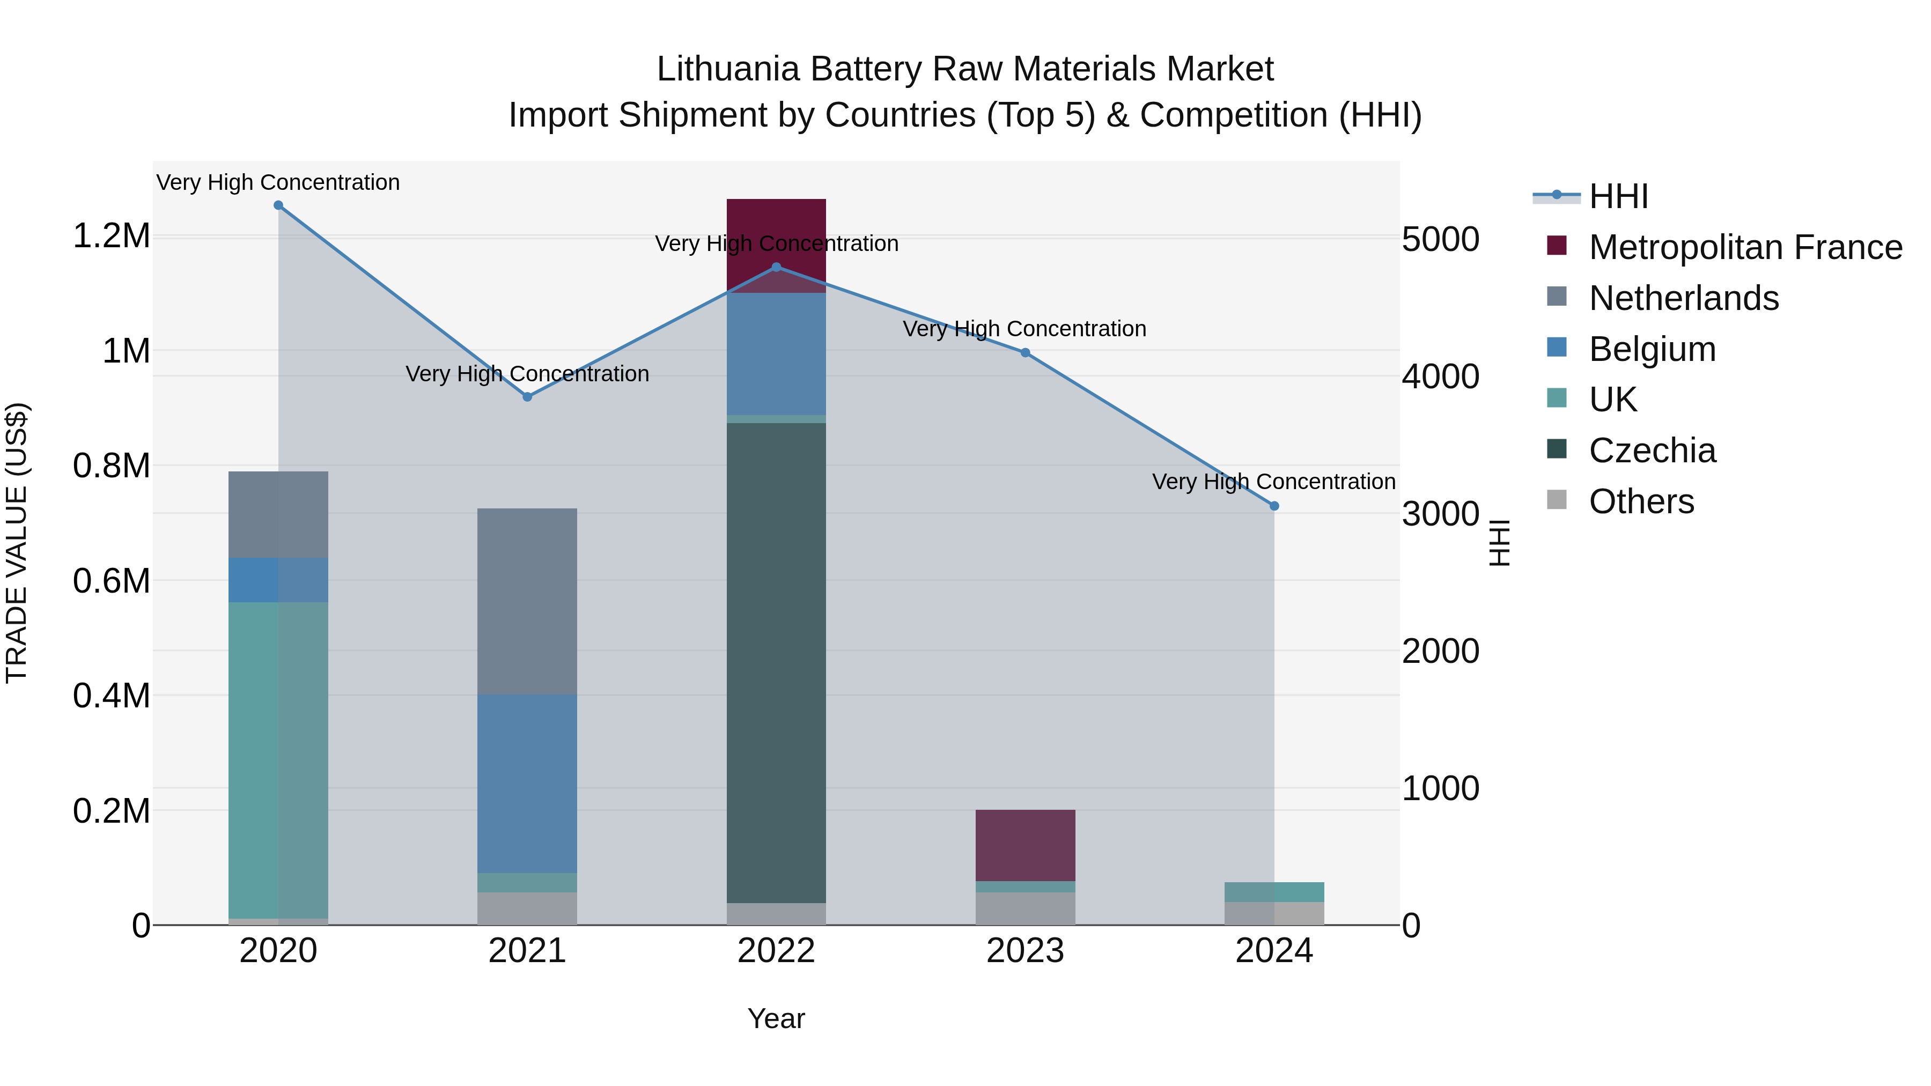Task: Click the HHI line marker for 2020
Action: [x=278, y=205]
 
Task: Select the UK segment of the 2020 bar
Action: [x=278, y=760]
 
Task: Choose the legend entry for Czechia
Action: [x=1652, y=450]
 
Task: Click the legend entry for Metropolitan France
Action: [x=1744, y=247]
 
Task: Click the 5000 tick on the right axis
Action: [x=1440, y=240]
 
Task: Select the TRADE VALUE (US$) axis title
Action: [x=17, y=543]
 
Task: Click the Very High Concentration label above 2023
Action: [x=1024, y=329]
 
